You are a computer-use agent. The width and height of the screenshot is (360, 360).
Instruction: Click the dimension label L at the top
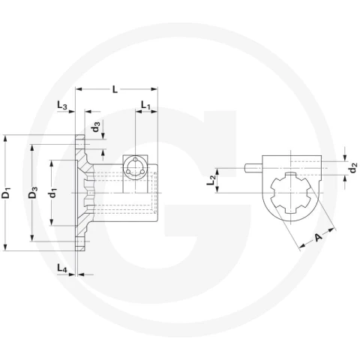[115, 89]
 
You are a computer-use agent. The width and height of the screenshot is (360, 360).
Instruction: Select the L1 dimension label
[146, 105]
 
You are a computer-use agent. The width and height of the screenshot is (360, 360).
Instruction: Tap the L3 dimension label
[62, 105]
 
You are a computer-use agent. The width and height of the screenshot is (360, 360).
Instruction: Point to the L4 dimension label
[62, 268]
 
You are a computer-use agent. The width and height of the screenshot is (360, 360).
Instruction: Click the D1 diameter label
[6, 192]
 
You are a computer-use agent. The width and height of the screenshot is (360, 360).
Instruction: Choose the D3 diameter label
[33, 192]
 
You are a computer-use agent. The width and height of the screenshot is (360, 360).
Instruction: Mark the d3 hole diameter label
[96, 127]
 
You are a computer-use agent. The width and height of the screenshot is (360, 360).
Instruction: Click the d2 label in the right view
[353, 168]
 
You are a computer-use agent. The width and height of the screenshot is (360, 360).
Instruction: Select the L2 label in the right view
[211, 180]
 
